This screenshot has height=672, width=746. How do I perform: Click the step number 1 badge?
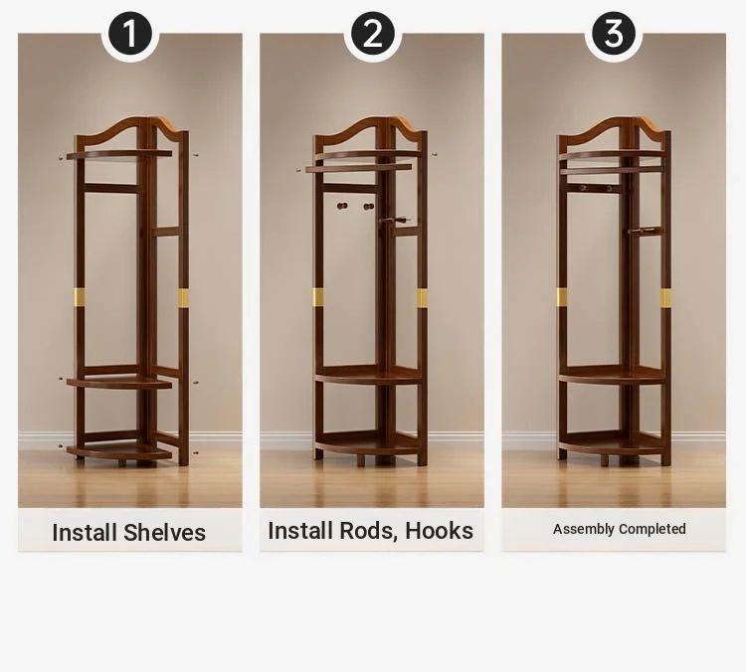pyautogui.click(x=130, y=34)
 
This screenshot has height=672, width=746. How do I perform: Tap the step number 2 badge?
pyautogui.click(x=373, y=34)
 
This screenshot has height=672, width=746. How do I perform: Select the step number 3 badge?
pyautogui.click(x=614, y=34)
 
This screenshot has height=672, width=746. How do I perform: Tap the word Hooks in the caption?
pyautogui.click(x=439, y=531)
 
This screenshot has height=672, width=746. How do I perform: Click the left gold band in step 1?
pyautogui.click(x=79, y=297)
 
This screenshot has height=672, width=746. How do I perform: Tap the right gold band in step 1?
pyautogui.click(x=183, y=298)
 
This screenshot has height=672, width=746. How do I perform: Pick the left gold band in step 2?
pyautogui.click(x=318, y=297)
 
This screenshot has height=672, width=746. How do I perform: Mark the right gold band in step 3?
pyautogui.click(x=666, y=297)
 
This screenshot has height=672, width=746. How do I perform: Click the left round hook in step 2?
pyautogui.click(x=342, y=206)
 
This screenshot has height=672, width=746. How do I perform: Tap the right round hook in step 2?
pyautogui.click(x=369, y=206)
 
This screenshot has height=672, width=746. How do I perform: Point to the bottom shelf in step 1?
pyautogui.click(x=119, y=451)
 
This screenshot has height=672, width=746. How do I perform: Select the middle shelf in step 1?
pyautogui.click(x=119, y=382)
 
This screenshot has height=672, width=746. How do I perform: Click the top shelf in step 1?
pyautogui.click(x=119, y=154)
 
